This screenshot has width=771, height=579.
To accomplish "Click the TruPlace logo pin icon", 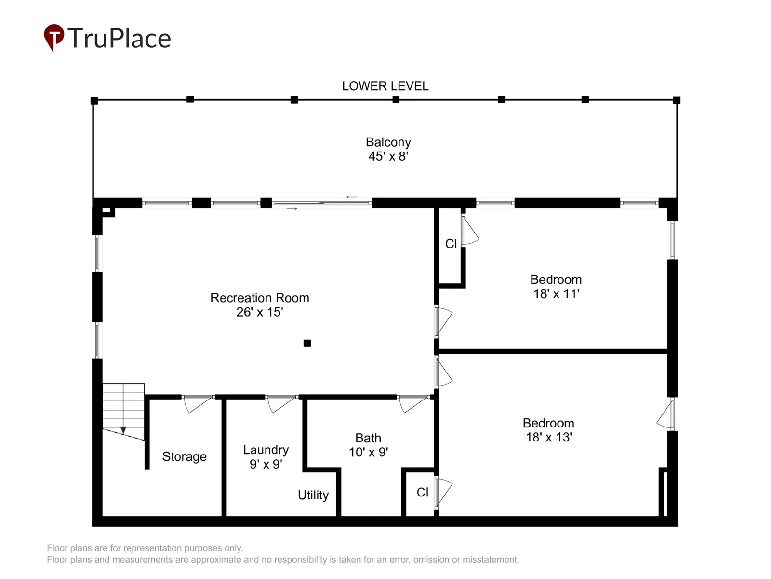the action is [x=54, y=37].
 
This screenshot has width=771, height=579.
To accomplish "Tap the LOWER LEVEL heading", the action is [x=385, y=86].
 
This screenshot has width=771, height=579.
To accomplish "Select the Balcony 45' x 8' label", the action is [x=388, y=149].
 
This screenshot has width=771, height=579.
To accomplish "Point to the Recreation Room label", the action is [x=260, y=298].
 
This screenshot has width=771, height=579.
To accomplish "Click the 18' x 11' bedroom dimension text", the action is [x=556, y=293].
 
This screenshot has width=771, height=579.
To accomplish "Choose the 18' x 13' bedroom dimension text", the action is [x=549, y=437].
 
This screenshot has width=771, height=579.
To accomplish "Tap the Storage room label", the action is [x=184, y=456].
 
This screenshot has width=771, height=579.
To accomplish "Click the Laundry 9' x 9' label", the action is [x=266, y=456].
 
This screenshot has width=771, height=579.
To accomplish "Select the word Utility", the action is [x=313, y=495].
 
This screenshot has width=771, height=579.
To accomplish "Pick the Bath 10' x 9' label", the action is [x=368, y=445].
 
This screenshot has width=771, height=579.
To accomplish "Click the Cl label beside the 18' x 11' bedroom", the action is [x=451, y=243].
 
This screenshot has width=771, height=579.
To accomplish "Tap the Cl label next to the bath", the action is [x=422, y=492].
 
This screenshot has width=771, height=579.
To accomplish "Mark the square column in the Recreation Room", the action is [x=307, y=343].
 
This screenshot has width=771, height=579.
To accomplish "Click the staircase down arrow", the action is [x=123, y=430].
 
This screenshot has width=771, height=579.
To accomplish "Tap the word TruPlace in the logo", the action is [x=119, y=38].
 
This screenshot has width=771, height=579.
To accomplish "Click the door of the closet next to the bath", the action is [x=443, y=492].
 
